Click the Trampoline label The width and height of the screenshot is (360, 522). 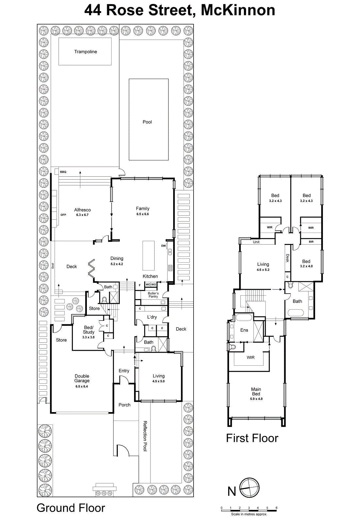click(x=86, y=52)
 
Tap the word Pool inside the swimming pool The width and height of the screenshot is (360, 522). click(x=147, y=122)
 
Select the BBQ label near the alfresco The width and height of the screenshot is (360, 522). click(x=63, y=172)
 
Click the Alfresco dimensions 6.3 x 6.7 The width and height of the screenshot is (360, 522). click(x=82, y=215)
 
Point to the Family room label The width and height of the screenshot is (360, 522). click(x=143, y=208)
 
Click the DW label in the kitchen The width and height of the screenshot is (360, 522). click(x=163, y=246)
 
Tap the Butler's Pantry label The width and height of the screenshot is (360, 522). click(x=153, y=295)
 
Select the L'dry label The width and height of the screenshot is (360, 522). click(x=152, y=317)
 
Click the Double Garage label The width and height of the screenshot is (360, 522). click(x=82, y=378)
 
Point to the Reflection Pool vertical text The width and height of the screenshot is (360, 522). click(x=145, y=436)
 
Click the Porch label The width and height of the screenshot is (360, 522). click(x=124, y=405)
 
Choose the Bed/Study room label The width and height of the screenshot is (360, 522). click(x=88, y=330)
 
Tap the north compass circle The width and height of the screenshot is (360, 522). click(x=249, y=488)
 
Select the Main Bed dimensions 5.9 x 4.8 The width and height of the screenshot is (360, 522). click(x=256, y=399)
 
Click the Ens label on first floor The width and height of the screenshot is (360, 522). click(x=244, y=330)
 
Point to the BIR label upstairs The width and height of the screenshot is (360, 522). click(x=311, y=242)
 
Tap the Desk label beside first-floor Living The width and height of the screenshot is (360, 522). click(x=288, y=258)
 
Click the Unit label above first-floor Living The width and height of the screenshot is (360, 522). click(x=256, y=242)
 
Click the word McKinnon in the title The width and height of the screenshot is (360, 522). click(x=238, y=10)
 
